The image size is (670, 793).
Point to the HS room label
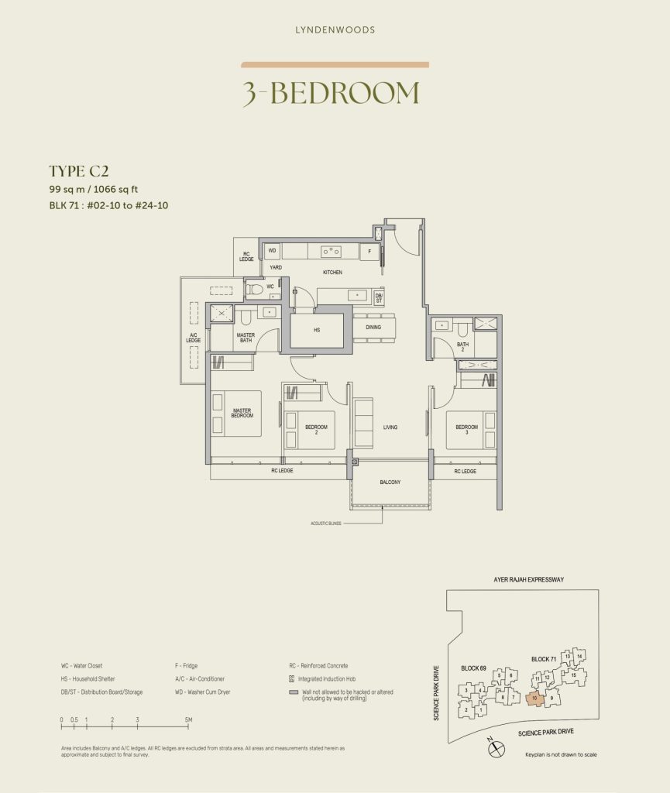[317, 329]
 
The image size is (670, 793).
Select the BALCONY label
[390, 482]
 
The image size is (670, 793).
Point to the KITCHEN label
[332, 273]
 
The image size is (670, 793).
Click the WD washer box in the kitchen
[272, 251]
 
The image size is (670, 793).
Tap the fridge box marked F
[369, 252]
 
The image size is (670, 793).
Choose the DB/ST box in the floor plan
[379, 297]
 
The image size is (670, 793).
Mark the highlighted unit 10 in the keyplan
[534, 699]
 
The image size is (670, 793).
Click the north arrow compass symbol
[496, 748]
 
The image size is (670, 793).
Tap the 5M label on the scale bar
[188, 720]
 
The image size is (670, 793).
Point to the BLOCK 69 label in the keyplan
[473, 667]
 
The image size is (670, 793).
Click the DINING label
[373, 327]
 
